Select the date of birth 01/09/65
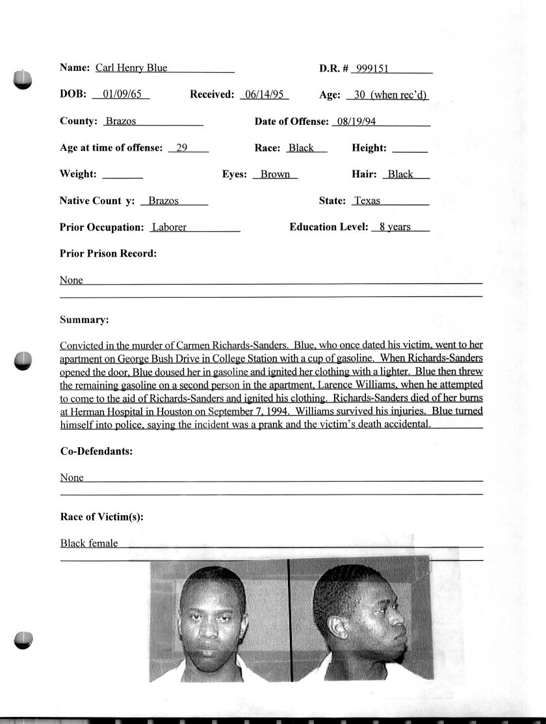coord(122,94)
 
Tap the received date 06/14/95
coord(264,94)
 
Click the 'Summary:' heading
coord(84,320)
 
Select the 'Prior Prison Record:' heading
coord(108,253)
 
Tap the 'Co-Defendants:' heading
coord(96,450)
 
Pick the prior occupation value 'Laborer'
coord(169,227)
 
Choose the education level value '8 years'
coord(395,227)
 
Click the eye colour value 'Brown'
coord(275,174)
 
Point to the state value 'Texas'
coord(367,201)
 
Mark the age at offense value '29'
coord(182,148)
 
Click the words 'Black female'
coord(89,543)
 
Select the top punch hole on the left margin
coord(21,79)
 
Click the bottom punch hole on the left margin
coord(23,640)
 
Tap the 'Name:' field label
coord(75,68)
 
